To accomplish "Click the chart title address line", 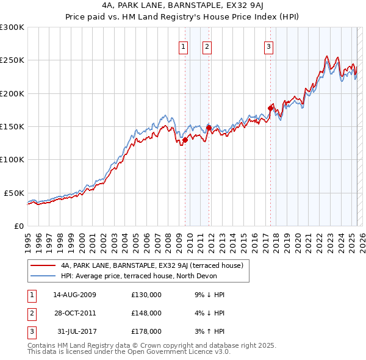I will click(x=182, y=5).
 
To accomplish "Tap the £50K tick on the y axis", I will click(x=15, y=193).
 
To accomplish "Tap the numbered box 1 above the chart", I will click(x=184, y=46).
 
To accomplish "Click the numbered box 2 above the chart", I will click(x=207, y=46).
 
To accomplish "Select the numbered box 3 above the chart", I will click(x=268, y=46).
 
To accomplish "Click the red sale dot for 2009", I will click(x=185, y=140).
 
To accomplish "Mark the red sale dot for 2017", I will click(x=270, y=108).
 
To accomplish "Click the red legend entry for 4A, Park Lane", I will click(x=152, y=265).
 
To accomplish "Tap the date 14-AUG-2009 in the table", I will click(x=74, y=295).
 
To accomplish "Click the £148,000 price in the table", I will click(x=146, y=313).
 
